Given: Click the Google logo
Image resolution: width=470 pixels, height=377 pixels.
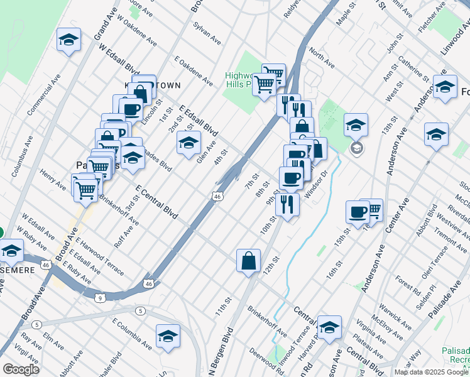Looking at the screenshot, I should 20,369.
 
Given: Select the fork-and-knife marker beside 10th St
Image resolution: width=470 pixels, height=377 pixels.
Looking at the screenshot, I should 287,205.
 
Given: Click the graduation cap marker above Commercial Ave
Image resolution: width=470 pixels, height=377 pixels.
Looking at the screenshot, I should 69,41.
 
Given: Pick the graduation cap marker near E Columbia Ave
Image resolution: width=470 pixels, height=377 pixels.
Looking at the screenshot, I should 168,337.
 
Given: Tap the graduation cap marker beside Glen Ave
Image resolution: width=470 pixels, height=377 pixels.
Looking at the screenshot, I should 189,143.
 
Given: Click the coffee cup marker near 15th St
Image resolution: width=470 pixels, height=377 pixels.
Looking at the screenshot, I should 358,212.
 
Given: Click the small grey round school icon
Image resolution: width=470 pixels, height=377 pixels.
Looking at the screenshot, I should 356,148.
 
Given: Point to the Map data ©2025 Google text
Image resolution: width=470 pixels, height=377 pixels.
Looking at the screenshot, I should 431,372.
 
